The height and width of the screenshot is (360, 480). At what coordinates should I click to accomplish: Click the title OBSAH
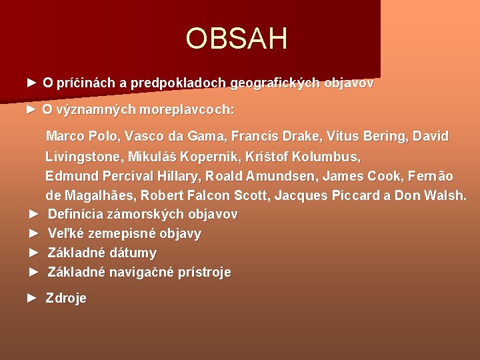point(237,39)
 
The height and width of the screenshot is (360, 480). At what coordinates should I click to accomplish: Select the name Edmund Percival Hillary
point(123,177)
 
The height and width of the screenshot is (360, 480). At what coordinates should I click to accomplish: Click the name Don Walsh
point(431,196)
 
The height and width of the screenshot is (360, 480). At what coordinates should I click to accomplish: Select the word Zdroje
point(66,299)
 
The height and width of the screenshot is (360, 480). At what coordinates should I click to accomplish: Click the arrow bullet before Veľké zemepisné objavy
point(35,233)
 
